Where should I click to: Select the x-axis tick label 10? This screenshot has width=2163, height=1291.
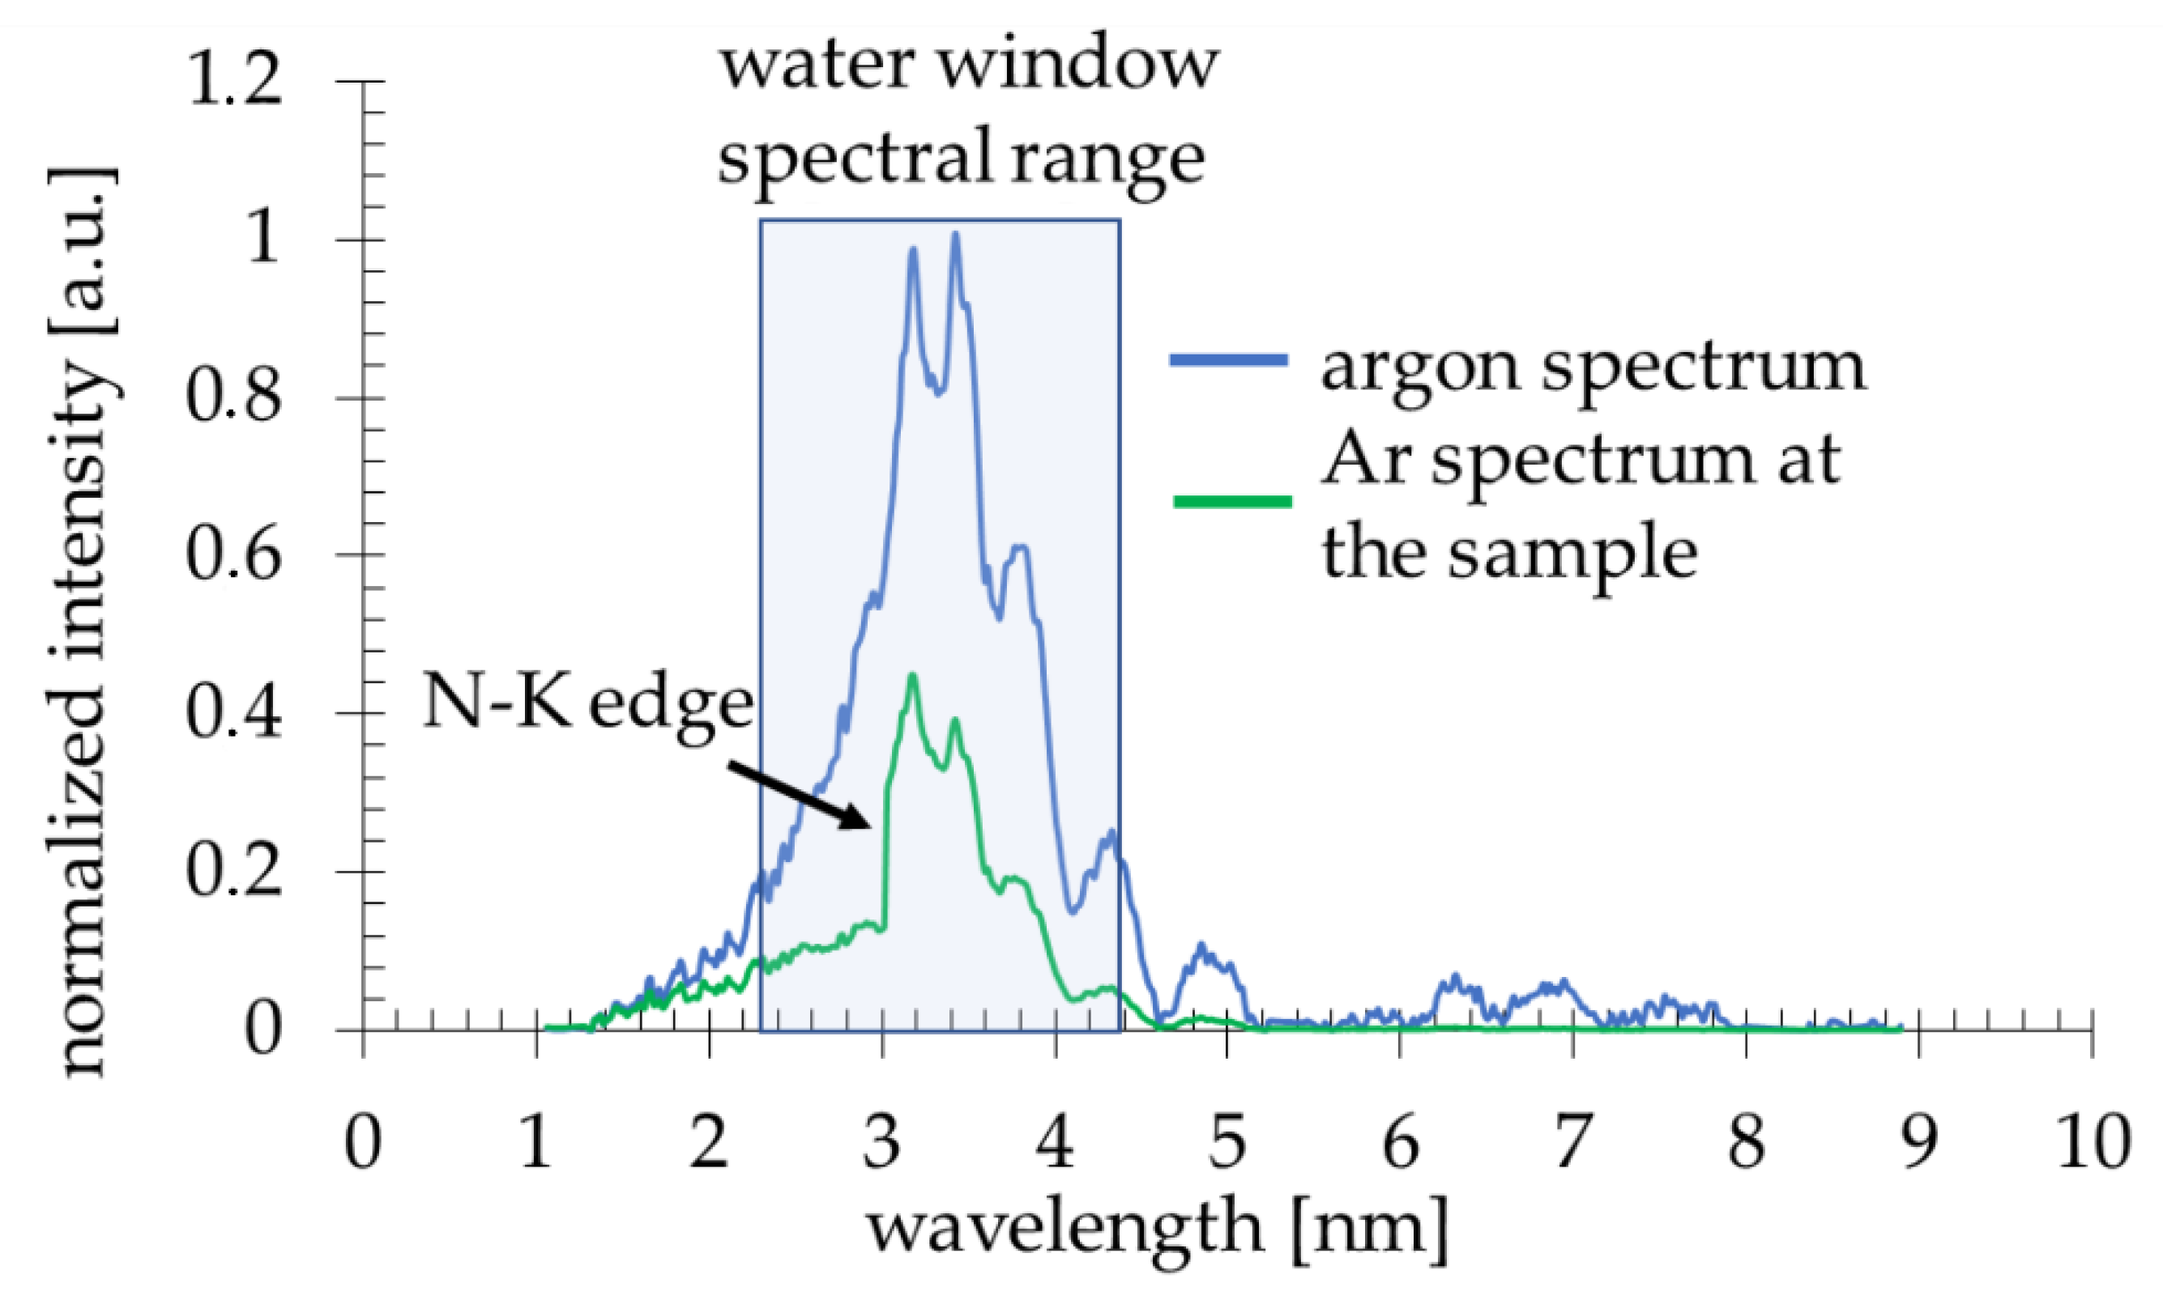pos(2093,1142)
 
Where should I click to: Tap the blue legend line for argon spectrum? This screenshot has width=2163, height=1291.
pos(1228,359)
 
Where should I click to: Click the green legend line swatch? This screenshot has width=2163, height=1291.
pos(1231,501)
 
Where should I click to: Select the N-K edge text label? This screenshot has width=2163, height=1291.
pos(587,703)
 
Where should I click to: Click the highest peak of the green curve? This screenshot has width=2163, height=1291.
pos(912,677)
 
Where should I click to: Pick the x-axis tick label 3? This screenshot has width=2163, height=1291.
pos(881,1142)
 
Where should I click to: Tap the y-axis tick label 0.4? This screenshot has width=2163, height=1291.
pos(233,712)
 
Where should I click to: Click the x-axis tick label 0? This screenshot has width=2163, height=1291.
pos(362,1142)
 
